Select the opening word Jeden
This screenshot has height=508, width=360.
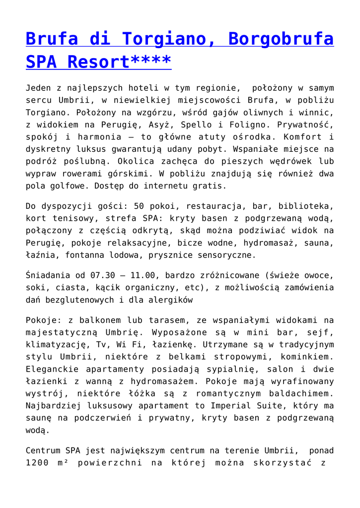pos(39,88)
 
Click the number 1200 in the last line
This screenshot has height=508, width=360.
pos(38,463)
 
